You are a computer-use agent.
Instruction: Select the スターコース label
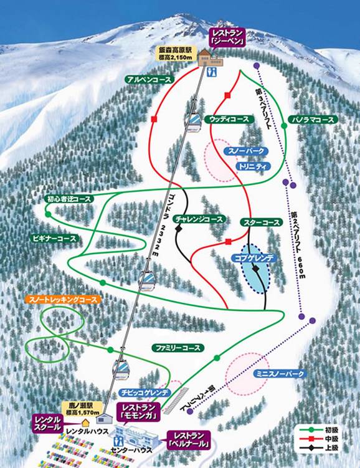261,222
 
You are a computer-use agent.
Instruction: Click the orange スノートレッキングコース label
63,300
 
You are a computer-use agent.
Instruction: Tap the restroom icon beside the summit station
214,71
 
